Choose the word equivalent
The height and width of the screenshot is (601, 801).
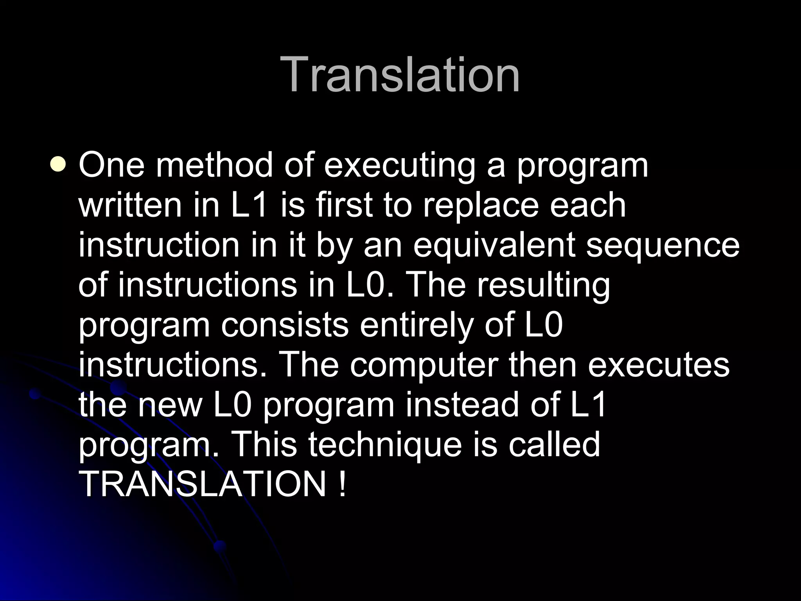[x=494, y=247]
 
